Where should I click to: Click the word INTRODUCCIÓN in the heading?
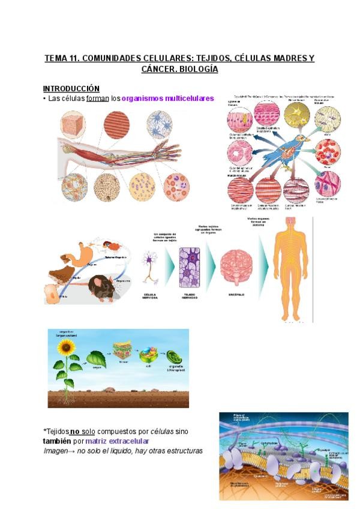point(71,88)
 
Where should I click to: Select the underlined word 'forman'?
point(97,98)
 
